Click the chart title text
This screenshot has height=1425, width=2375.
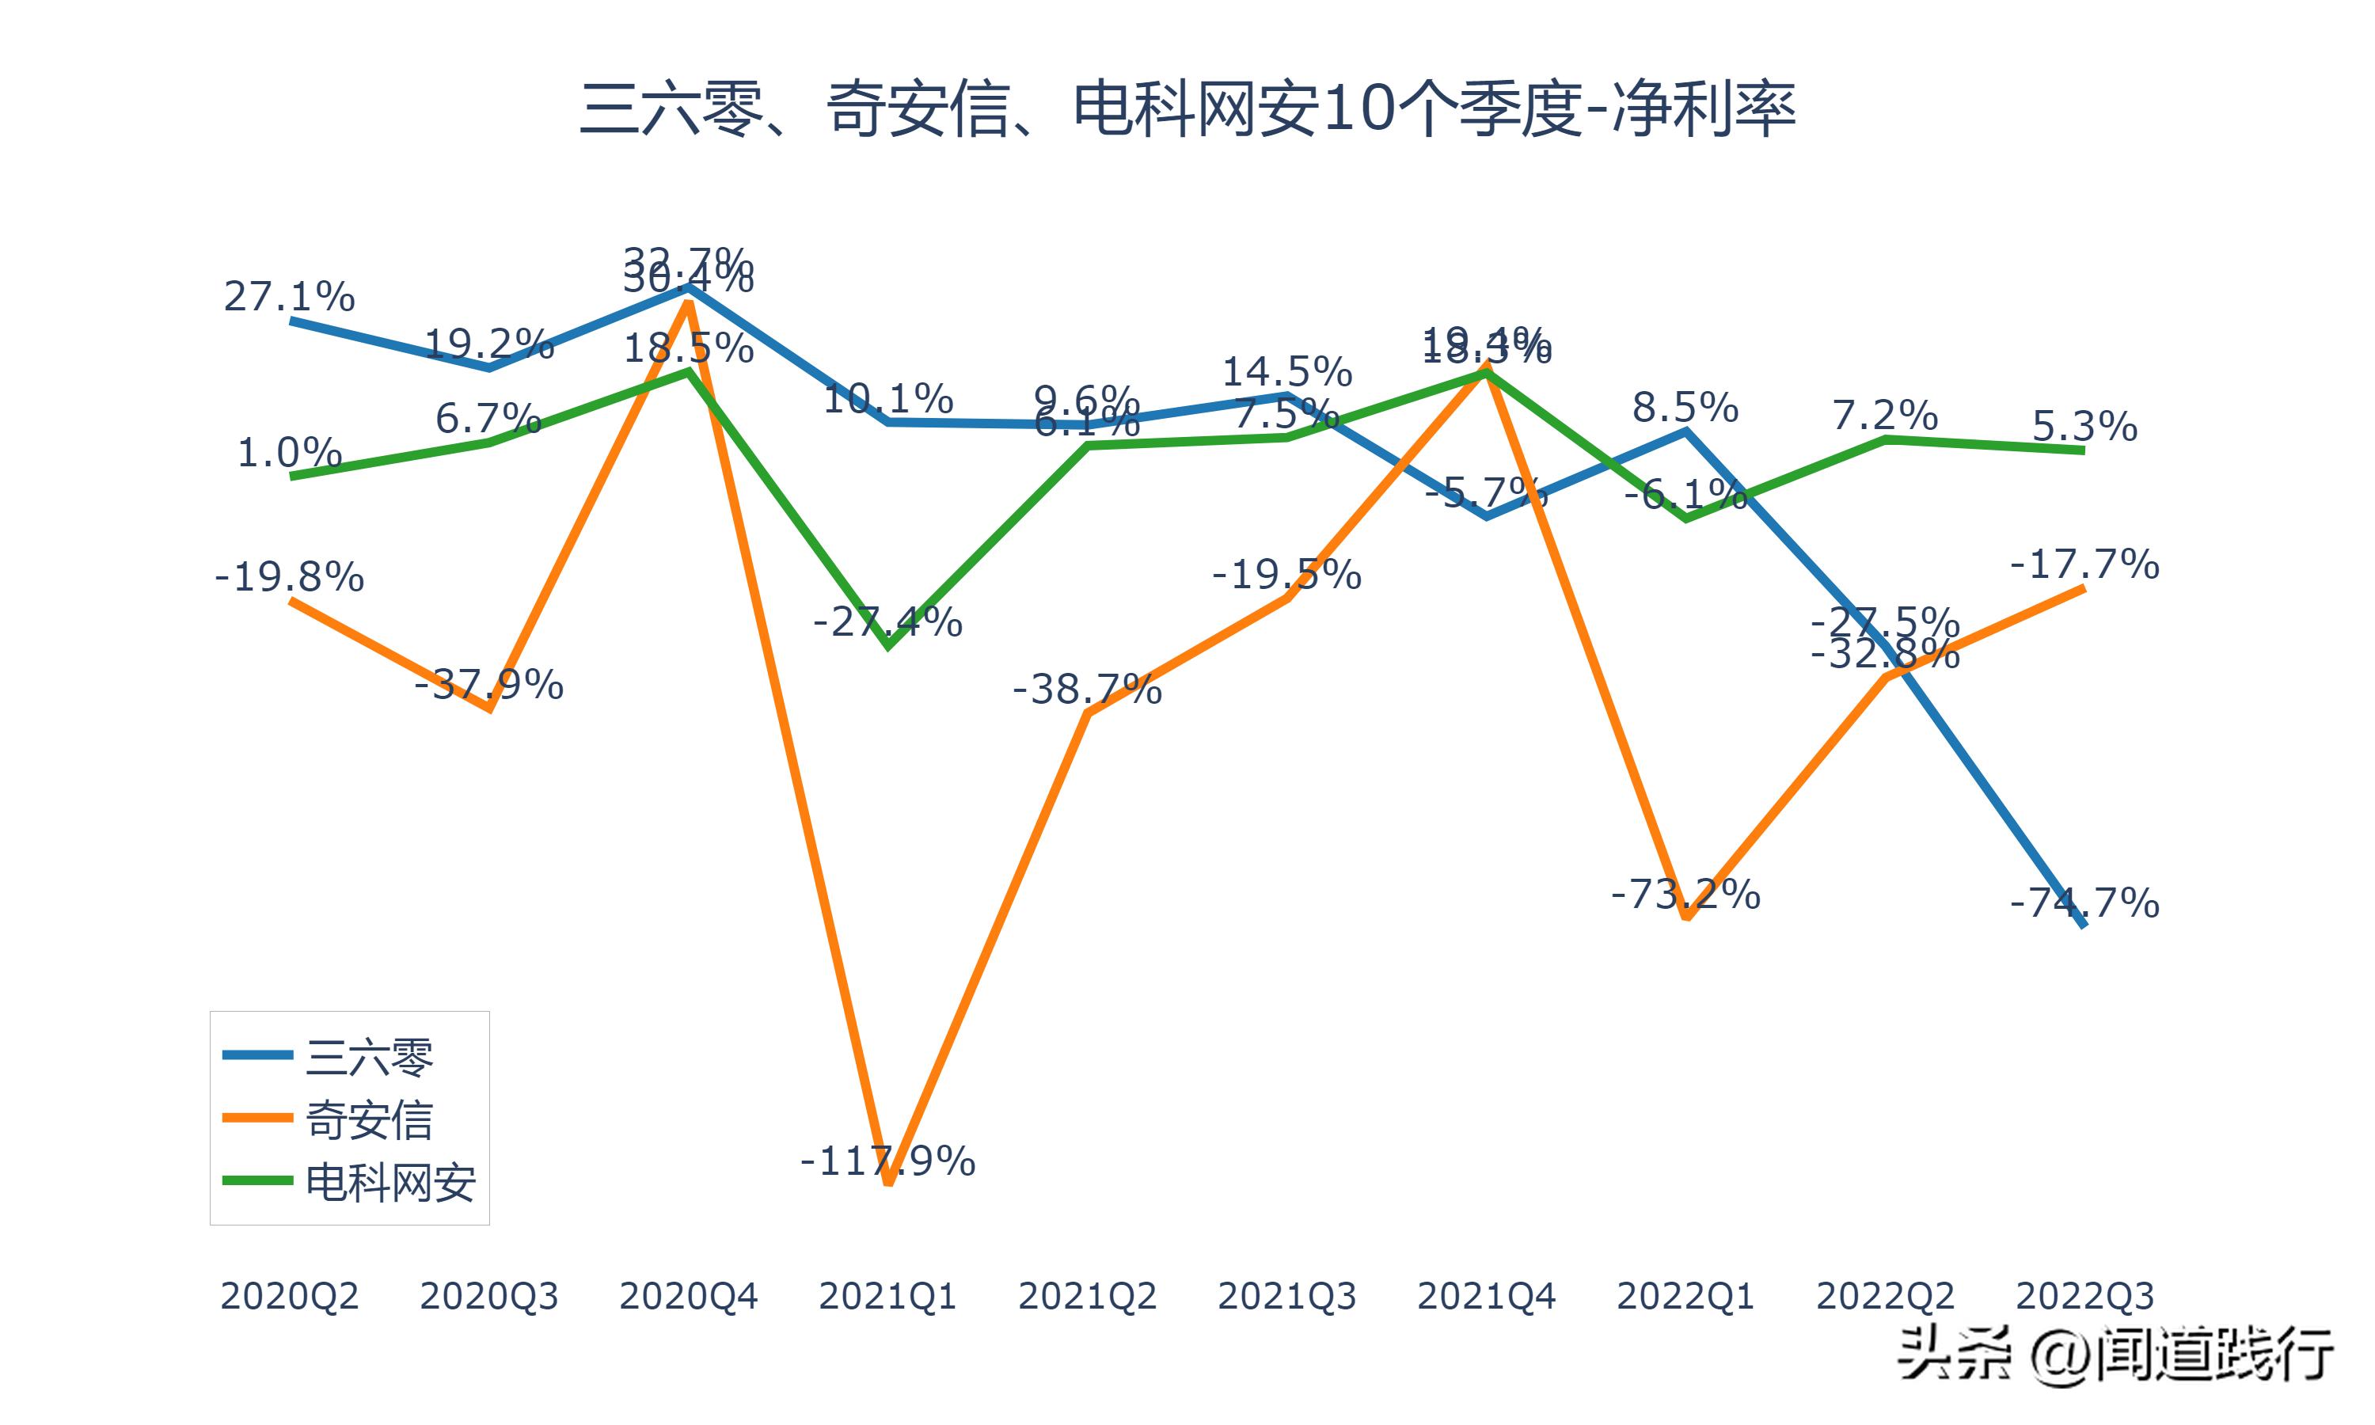(x=1187, y=108)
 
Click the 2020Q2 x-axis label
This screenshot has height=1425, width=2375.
(x=289, y=1296)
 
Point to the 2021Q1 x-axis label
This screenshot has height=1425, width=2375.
(x=888, y=1296)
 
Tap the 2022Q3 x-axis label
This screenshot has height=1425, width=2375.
(x=2084, y=1296)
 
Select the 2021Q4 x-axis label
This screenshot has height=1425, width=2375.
(x=1486, y=1296)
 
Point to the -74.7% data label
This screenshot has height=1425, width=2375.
(x=2084, y=903)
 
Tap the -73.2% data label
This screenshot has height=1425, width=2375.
(x=1685, y=895)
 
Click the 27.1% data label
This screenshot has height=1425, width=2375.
(x=289, y=297)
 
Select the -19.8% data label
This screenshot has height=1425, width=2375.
(x=289, y=577)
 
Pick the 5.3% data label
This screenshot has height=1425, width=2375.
(x=2084, y=427)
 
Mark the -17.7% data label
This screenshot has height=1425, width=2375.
(x=2084, y=564)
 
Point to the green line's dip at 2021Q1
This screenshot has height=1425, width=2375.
(x=888, y=646)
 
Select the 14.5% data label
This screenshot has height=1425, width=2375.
(x=1286, y=371)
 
